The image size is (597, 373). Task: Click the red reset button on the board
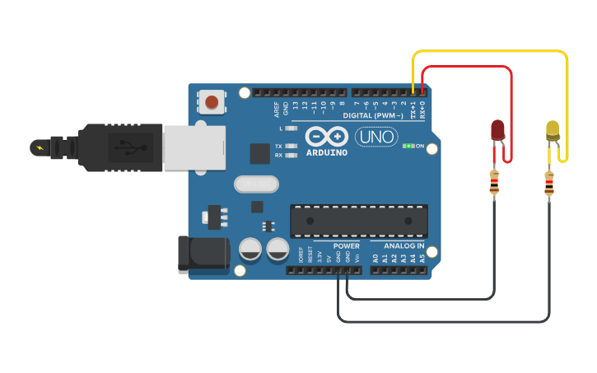point(212,102)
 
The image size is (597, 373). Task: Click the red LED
point(497,129)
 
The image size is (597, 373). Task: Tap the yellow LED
point(553,129)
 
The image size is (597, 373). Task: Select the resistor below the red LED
point(494,183)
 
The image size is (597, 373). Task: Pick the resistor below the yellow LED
point(548,184)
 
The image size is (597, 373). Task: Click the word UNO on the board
point(375,137)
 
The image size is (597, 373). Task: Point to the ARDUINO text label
point(327,152)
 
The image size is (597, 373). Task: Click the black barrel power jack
point(203,254)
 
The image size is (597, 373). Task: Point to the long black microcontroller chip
point(359,221)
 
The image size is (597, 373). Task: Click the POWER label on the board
point(346,246)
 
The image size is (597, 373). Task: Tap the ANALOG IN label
point(403,246)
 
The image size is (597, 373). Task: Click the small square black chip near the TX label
point(259,153)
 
